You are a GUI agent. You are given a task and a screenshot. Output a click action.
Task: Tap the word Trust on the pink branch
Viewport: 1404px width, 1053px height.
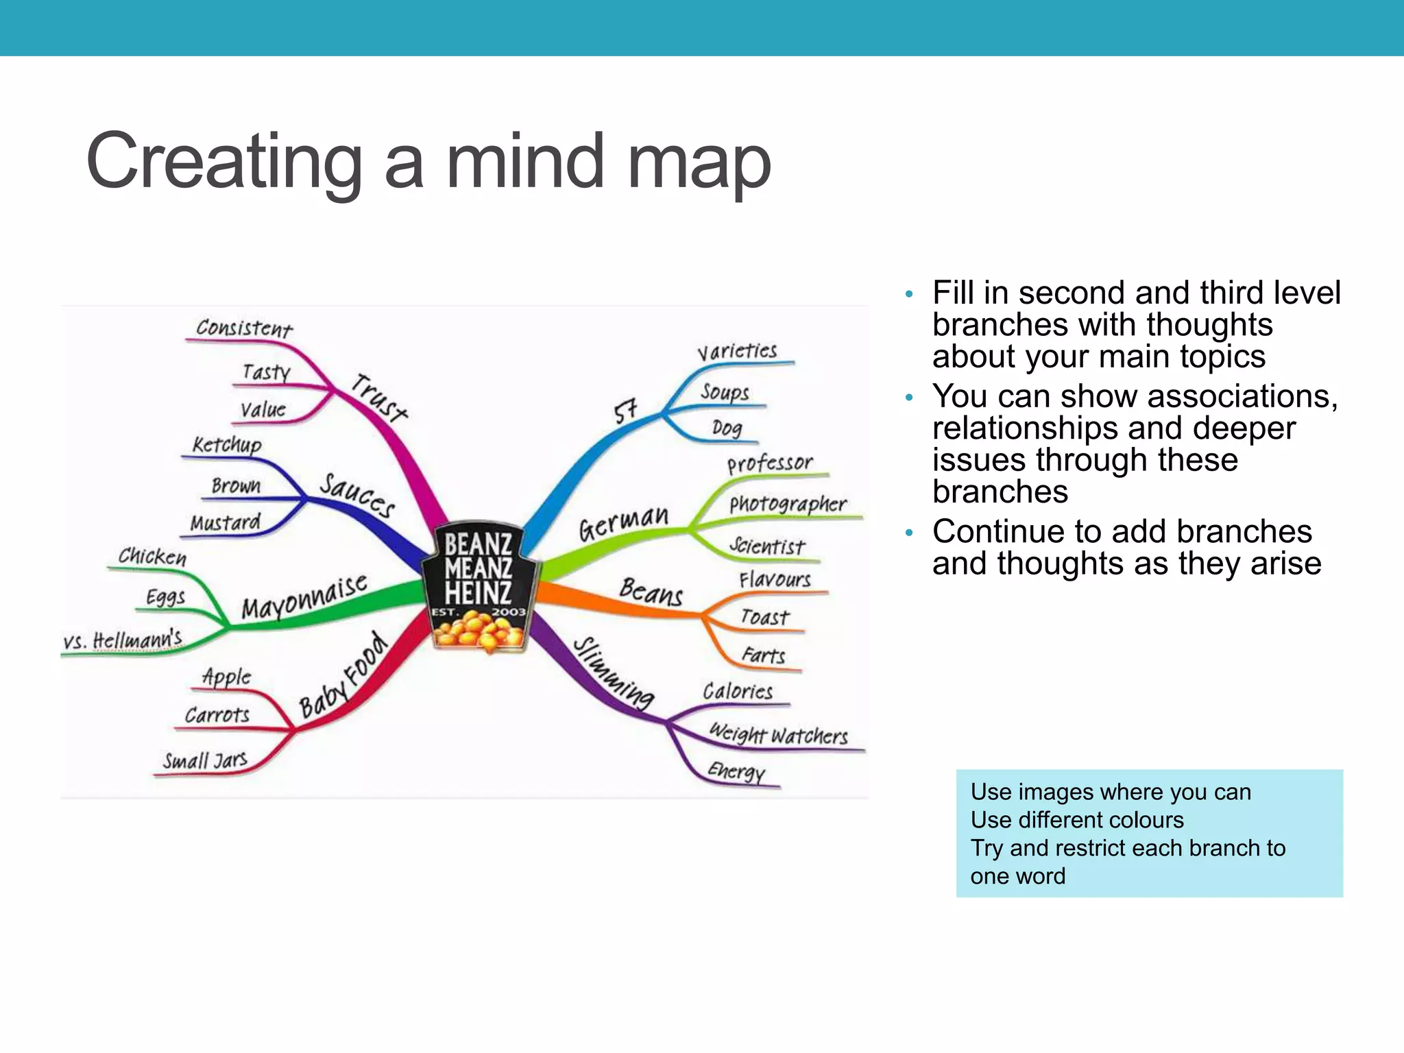point(379,398)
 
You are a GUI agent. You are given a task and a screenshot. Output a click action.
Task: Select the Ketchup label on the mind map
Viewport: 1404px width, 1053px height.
point(227,444)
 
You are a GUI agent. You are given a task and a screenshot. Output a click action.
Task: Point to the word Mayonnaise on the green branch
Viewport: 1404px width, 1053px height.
point(304,597)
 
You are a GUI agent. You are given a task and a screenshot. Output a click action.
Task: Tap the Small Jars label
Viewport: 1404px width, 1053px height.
point(204,760)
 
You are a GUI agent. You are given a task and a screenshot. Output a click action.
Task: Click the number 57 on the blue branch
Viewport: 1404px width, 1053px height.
point(625,411)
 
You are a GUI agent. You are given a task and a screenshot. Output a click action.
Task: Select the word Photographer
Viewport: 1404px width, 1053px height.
point(788,505)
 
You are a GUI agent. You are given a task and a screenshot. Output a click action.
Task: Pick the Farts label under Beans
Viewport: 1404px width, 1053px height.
point(763,655)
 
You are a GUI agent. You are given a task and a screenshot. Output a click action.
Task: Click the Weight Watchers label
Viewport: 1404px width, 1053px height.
point(778,735)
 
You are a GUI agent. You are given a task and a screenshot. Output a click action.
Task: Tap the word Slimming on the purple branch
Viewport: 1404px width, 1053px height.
point(614,673)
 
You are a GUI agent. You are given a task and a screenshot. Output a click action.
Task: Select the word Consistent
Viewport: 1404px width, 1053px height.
point(244,328)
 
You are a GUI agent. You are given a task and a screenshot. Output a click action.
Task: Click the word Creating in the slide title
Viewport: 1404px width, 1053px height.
point(223,162)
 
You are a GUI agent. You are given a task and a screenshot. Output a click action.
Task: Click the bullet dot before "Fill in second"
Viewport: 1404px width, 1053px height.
point(909,295)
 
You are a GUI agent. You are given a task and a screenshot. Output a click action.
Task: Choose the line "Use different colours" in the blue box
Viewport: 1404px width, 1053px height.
point(1077,820)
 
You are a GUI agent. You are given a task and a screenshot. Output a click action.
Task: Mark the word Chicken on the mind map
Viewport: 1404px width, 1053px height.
point(152,556)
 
